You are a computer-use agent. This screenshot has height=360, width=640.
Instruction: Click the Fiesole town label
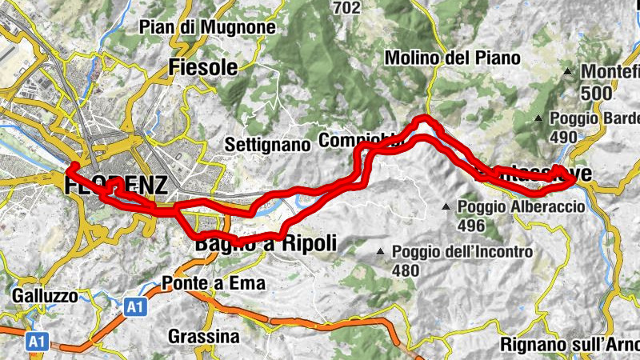(204, 68)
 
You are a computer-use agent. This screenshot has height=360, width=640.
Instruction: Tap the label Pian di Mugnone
(207, 28)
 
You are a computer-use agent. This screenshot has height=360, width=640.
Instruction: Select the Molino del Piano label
(452, 58)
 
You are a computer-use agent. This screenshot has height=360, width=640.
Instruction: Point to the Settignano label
(267, 146)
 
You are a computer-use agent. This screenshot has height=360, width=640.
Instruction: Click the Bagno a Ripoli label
(263, 244)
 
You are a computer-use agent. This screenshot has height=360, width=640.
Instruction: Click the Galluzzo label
(45, 296)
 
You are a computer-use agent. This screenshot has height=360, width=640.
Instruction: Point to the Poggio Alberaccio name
(521, 206)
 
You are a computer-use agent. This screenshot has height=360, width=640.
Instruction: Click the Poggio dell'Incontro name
(462, 253)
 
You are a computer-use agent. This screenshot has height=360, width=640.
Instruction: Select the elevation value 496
(472, 226)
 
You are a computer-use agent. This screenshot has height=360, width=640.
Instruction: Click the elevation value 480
(406, 271)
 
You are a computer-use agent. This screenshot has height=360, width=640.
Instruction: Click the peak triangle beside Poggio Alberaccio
(446, 207)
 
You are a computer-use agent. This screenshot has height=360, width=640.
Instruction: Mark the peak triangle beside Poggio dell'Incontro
(381, 254)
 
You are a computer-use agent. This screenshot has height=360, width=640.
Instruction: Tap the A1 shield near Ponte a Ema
(136, 306)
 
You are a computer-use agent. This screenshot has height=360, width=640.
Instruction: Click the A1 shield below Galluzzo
(35, 342)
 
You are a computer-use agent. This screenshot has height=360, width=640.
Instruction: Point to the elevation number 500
(597, 94)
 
